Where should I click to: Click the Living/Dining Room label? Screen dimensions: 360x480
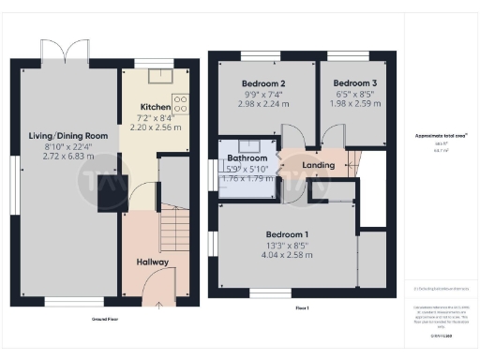coord(70,136)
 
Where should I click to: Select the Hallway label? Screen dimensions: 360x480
coord(152,262)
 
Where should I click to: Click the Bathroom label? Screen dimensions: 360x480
coord(247,159)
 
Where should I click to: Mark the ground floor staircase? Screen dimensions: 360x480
coord(171,229)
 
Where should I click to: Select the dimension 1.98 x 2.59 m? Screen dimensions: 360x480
coord(354,104)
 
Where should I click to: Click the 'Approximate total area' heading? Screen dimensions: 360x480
coord(441,137)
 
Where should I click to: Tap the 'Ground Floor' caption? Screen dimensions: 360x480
coord(104,319)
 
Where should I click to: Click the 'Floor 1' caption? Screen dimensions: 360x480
coord(302,308)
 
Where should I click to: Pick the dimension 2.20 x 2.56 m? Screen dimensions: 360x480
coord(154,127)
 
